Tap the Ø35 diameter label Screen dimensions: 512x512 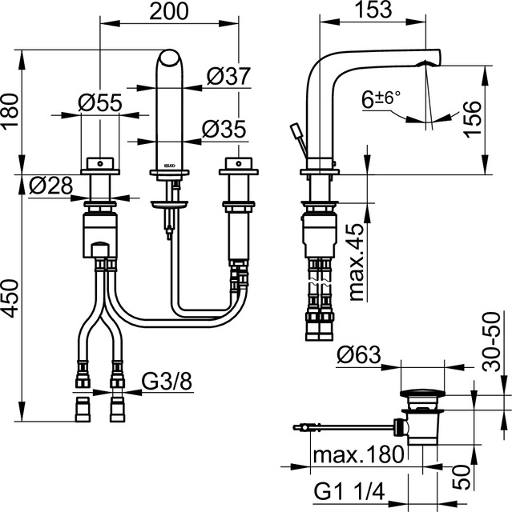224,128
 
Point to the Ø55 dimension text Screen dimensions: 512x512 101,102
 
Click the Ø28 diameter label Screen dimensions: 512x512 51,186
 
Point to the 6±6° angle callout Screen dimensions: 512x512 383,101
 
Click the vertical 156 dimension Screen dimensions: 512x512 499,120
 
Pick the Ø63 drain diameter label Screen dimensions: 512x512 359,353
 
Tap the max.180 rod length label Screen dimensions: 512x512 354,457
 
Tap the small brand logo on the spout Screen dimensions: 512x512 168,158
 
